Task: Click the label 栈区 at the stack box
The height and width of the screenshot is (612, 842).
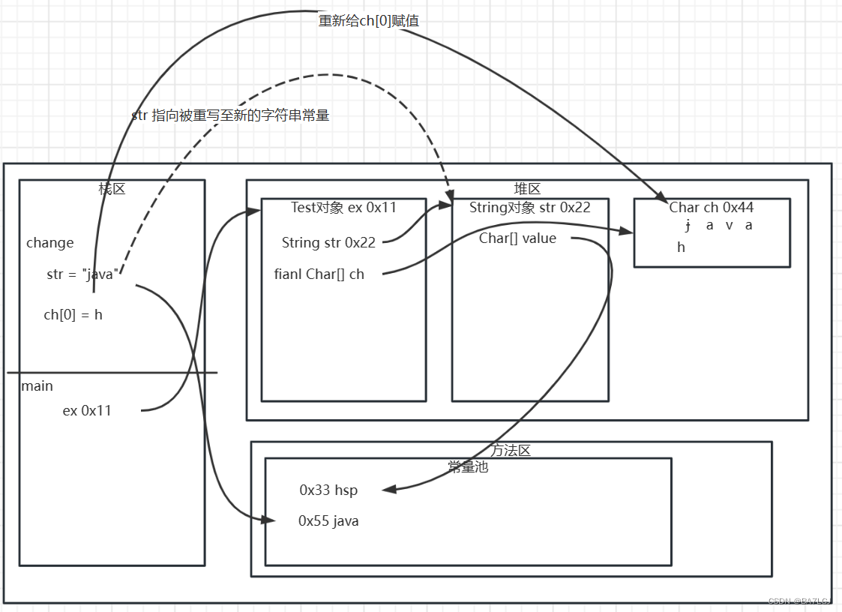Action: click(112, 189)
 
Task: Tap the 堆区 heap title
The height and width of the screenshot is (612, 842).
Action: click(527, 189)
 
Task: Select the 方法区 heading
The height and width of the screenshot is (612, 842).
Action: click(511, 451)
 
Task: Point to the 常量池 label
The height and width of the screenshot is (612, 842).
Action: click(468, 466)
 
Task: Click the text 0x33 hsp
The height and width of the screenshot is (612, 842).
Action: click(328, 490)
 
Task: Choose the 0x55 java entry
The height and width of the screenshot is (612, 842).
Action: click(328, 520)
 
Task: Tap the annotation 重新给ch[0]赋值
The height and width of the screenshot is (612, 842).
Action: click(369, 21)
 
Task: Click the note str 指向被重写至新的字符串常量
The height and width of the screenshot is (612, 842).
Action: click(230, 115)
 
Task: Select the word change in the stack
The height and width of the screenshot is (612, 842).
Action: click(50, 243)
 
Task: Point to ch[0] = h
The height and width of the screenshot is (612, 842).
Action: click(73, 315)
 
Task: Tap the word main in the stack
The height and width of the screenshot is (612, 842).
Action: click(37, 386)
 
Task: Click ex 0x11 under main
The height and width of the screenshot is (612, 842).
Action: click(87, 411)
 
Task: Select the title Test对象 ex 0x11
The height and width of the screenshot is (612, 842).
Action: click(343, 208)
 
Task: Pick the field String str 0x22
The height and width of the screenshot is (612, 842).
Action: click(328, 242)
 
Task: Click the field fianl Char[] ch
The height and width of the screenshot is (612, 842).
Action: click(319, 274)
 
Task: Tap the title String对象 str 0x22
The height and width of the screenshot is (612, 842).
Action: click(529, 208)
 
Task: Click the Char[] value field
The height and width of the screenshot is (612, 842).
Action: click(517, 238)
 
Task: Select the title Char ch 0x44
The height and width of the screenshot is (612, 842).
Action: click(711, 208)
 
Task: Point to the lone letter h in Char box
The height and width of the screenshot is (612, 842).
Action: click(681, 247)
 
